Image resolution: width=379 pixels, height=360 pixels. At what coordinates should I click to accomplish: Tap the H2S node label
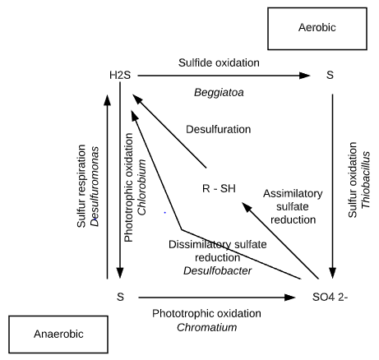pos(120,75)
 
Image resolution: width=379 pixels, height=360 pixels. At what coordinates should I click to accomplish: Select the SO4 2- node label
pos(330,297)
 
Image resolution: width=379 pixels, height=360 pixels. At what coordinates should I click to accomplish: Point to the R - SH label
pos(219,188)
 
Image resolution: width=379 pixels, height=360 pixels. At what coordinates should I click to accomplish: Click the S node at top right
pos(330,75)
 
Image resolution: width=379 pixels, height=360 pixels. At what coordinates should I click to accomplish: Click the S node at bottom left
pos(120,297)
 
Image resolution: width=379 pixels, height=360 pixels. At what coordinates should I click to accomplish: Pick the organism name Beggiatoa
pos(219,93)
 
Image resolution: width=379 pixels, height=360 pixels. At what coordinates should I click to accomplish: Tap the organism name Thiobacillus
pos(366,180)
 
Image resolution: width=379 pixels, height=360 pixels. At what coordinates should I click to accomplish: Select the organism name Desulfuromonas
pos(95,187)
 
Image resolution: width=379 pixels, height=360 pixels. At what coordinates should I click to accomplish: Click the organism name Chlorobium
pos(141,187)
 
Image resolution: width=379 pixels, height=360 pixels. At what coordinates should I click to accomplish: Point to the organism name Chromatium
pos(207,327)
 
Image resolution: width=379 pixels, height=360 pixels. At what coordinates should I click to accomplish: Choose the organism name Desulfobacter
pos(218,270)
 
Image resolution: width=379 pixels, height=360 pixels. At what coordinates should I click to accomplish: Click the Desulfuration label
pos(219,129)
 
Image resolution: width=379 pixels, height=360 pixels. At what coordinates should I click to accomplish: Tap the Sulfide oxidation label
pos(219,62)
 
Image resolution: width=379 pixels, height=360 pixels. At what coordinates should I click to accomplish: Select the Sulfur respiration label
pos(81,187)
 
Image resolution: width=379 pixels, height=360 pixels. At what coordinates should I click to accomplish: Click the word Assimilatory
pos(293,194)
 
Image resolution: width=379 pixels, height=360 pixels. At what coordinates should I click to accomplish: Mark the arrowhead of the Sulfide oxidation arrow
pos(304,76)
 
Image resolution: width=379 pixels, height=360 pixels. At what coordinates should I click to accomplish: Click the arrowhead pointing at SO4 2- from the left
pos(290,298)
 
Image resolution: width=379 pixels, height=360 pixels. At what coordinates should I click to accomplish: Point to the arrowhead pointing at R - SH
pos(247,207)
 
